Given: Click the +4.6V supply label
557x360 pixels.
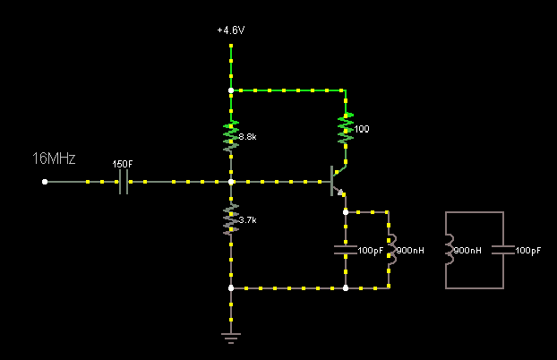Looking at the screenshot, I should [x=230, y=30].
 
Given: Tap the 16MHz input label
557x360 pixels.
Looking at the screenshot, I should [x=54, y=159].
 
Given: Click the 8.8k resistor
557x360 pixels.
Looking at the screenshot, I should [x=231, y=135].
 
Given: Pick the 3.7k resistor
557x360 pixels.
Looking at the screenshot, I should [x=231, y=218].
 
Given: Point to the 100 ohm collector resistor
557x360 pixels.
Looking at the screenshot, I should [x=345, y=129].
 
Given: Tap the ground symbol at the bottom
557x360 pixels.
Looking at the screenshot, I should [x=231, y=338].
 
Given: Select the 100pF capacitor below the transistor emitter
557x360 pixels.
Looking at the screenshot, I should [x=345, y=250].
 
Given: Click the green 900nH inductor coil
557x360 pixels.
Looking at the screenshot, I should [x=390, y=250].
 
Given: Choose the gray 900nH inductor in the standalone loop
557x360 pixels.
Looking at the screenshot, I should [x=450, y=251].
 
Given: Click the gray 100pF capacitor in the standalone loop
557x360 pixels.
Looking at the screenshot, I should [x=503, y=251].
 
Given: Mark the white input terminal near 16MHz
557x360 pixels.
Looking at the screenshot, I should [x=46, y=182].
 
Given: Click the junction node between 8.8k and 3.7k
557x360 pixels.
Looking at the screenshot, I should [x=231, y=182].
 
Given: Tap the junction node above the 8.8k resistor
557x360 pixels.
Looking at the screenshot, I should [x=231, y=90].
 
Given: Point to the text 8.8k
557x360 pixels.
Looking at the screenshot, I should [x=247, y=137].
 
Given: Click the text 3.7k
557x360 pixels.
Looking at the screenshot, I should [x=247, y=219].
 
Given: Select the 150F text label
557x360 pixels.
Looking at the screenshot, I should [x=123, y=164].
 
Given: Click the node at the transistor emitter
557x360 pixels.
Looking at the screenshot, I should [x=345, y=212].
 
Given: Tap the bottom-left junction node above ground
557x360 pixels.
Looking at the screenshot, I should [x=231, y=288].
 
